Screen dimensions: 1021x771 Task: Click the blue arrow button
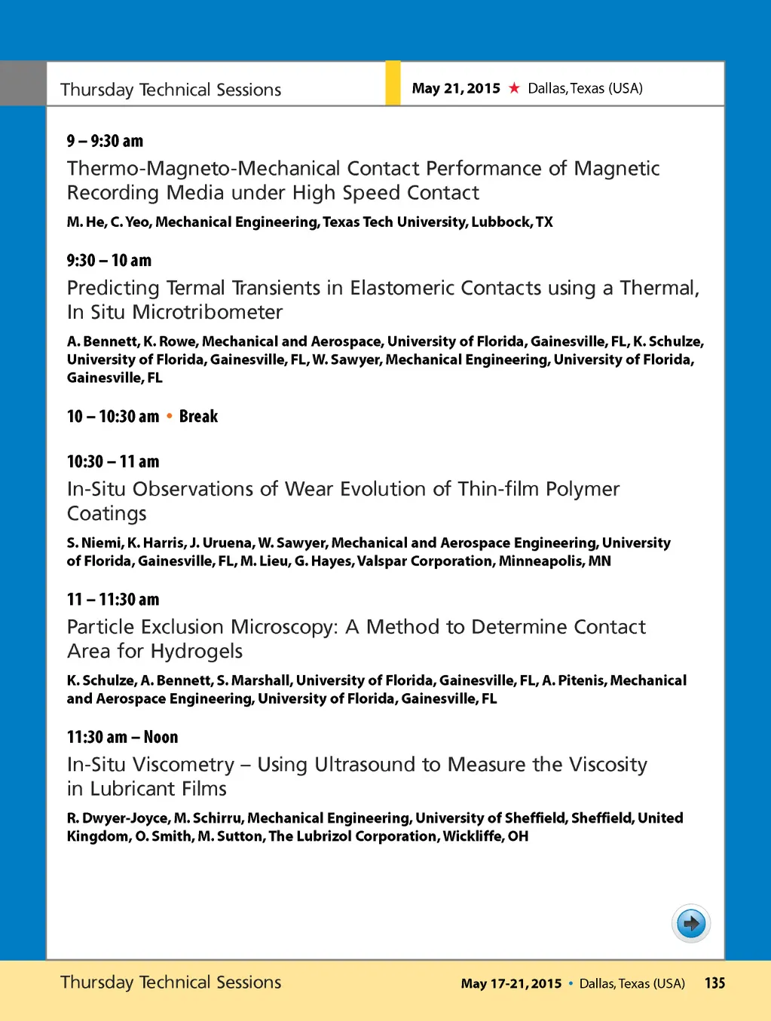(690, 923)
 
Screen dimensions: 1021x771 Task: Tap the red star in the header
(514, 88)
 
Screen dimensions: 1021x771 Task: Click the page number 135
(714, 983)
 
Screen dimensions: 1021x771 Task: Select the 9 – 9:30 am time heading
(105, 141)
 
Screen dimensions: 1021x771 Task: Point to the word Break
(198, 416)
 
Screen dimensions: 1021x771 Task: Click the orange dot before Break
(169, 416)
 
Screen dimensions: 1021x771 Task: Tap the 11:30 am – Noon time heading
(122, 737)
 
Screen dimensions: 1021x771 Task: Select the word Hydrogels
(196, 651)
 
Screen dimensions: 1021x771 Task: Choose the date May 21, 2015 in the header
(456, 88)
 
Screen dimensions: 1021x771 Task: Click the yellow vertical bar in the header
(393, 83)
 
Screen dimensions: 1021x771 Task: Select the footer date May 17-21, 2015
(511, 983)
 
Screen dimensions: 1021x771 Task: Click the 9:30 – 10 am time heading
(109, 261)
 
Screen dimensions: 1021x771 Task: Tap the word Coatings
(106, 514)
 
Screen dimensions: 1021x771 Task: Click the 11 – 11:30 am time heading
(113, 600)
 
